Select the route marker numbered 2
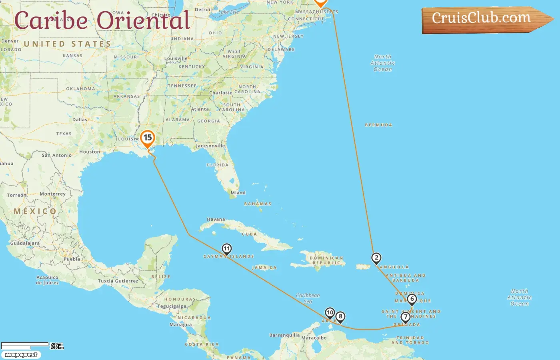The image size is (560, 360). (376, 258)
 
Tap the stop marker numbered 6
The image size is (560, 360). (412, 299)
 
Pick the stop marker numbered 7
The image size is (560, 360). (406, 317)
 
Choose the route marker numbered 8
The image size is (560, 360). (340, 317)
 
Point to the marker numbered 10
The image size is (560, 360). (330, 312)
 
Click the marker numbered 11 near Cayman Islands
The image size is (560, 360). (227, 249)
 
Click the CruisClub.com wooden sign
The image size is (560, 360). (484, 19)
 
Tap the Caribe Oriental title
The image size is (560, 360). (102, 21)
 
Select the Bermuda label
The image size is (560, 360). (378, 125)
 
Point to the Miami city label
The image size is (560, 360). (238, 193)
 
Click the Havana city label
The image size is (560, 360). (216, 219)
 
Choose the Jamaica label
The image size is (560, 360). (264, 268)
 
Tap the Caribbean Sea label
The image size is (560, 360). (308, 298)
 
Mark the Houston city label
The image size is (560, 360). (90, 152)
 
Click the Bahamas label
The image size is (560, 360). (258, 204)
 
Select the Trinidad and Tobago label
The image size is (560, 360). (410, 340)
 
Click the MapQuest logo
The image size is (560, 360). (21, 355)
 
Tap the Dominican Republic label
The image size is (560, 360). (326, 260)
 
